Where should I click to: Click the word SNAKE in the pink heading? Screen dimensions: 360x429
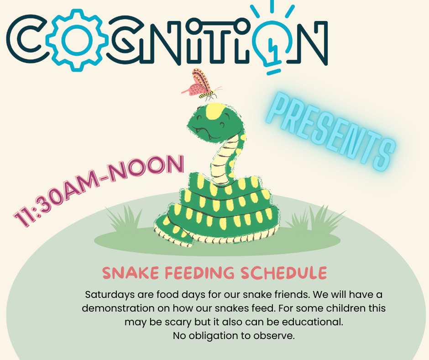tap(127, 273)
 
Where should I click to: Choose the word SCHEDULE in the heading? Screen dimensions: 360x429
tap(283, 273)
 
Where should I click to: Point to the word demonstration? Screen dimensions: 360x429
tap(118, 308)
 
